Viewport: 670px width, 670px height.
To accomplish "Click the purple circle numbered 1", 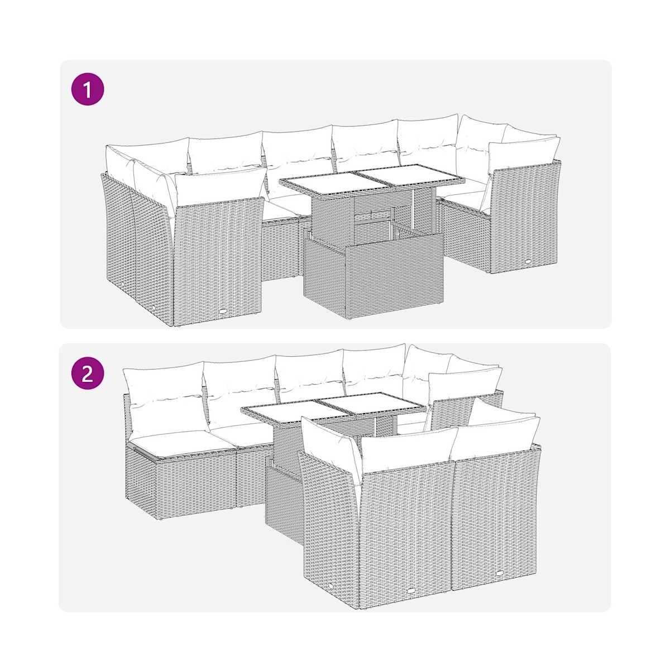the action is (x=88, y=89).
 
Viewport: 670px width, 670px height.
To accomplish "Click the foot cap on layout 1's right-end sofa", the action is (x=529, y=261).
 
